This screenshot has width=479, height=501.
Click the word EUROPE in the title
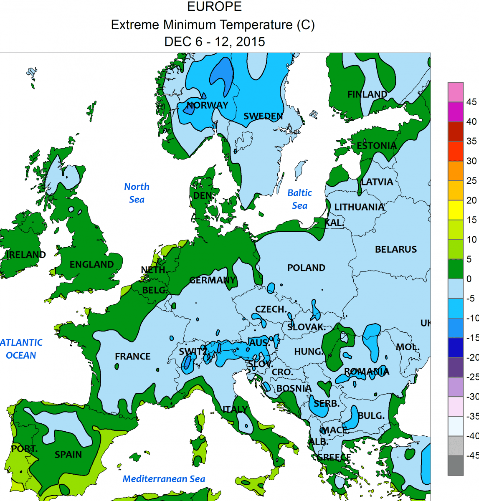214,7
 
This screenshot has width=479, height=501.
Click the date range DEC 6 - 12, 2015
214,42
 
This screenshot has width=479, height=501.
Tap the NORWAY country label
207,105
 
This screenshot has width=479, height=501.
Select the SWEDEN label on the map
263,116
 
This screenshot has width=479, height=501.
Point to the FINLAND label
367,94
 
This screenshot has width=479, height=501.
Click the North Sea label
137,193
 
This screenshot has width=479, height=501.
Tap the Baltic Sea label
299,199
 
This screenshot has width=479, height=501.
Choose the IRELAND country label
26,255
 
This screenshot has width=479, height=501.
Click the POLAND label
306,268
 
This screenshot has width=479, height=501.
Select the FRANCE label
132,356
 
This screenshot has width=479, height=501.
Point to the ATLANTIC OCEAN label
21,349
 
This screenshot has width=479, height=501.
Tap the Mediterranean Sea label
164,479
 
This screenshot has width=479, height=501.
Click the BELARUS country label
395,249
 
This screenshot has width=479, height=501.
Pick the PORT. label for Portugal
24,449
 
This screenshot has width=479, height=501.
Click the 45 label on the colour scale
471,102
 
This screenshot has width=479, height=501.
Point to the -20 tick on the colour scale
472,357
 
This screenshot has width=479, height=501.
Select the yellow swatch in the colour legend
456,210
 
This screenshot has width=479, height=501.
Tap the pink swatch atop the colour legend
456,92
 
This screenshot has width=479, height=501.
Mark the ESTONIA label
376,146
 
